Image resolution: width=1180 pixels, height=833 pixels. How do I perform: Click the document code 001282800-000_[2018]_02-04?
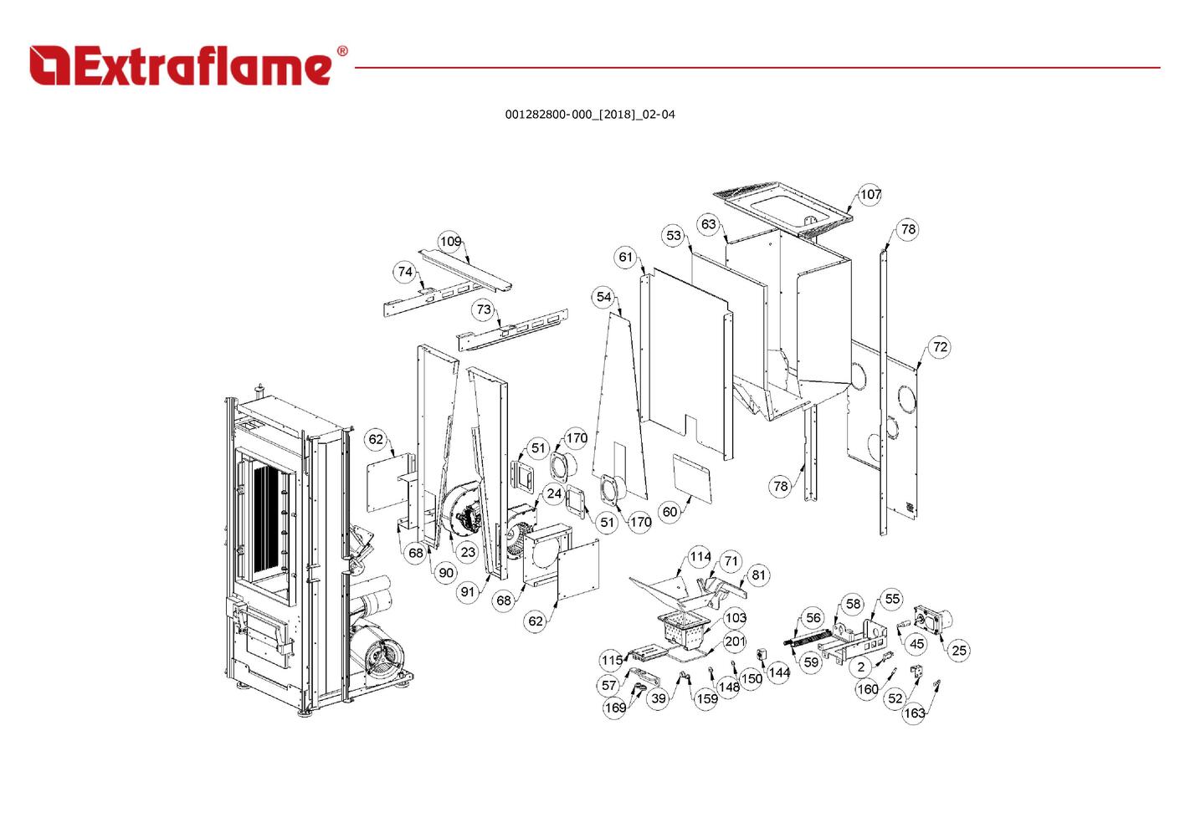[590, 115]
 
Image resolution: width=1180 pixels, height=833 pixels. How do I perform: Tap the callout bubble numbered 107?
[870, 195]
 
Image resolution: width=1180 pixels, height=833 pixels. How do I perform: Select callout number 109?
[450, 241]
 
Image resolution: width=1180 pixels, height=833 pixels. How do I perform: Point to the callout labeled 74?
[404, 272]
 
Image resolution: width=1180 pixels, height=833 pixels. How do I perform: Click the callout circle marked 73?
[484, 309]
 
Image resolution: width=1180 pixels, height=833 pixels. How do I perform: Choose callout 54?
[603, 297]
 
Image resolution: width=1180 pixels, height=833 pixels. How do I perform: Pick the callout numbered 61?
[625, 258]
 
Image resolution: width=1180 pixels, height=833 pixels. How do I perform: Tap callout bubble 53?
[673, 235]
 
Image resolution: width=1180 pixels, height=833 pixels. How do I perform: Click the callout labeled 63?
[709, 224]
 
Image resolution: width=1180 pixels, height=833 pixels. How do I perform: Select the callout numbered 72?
[940, 347]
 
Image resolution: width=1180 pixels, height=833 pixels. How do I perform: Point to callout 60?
[670, 512]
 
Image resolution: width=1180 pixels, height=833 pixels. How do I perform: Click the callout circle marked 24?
[554, 494]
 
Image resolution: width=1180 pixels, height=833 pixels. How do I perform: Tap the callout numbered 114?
[700, 557]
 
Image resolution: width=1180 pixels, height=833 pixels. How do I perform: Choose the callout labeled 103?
[736, 618]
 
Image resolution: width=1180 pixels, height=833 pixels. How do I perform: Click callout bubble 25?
[959, 651]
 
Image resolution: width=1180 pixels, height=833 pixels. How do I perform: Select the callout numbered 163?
[914, 713]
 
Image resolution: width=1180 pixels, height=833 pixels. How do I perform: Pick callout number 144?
[778, 673]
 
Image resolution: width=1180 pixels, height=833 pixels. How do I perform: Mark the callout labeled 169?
[615, 708]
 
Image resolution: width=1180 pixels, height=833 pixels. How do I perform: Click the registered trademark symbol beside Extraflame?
[342, 51]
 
